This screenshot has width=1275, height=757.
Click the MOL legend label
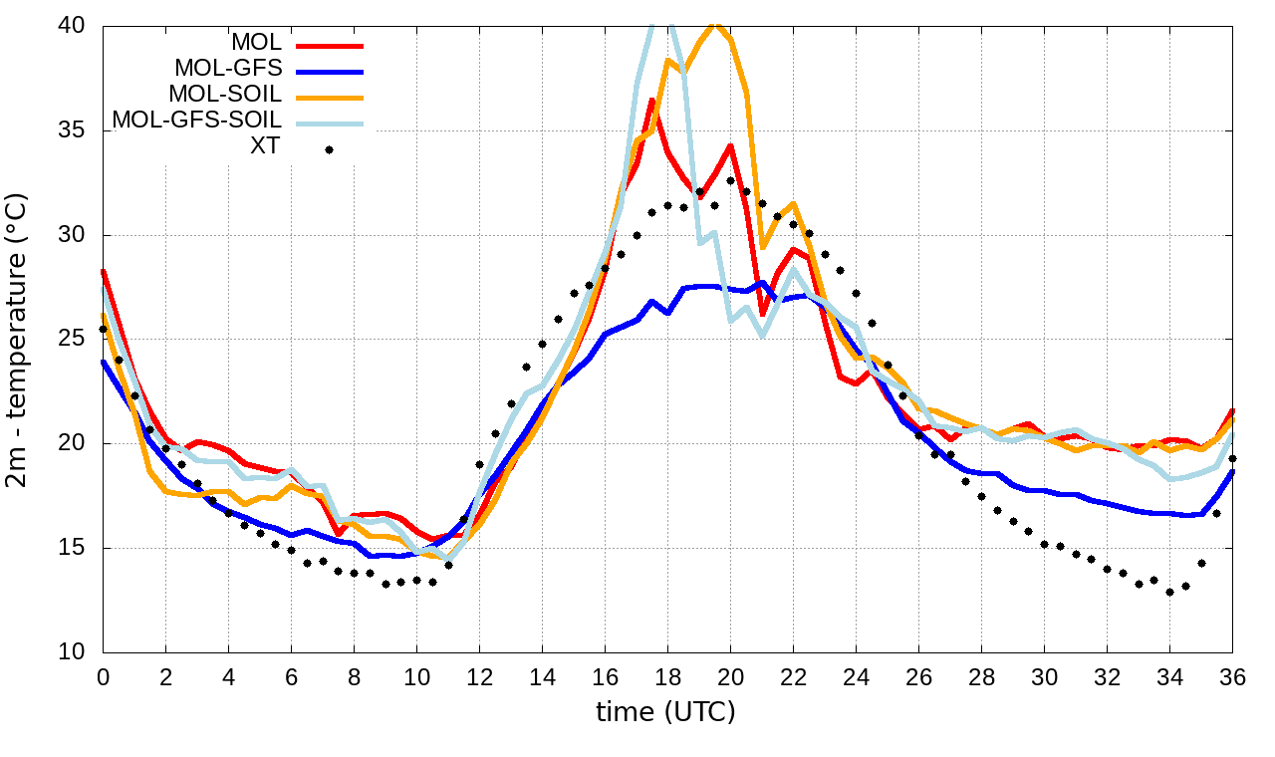click(257, 43)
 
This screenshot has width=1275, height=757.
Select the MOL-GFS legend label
click(228, 69)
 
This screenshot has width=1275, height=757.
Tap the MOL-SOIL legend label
click(225, 95)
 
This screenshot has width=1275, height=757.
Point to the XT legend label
click(265, 147)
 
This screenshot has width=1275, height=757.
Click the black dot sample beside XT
click(329, 150)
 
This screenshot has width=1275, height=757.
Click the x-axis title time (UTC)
click(665, 711)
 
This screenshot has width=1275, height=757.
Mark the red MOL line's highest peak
click(651, 100)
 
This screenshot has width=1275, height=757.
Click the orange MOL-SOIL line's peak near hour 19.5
click(713, 24)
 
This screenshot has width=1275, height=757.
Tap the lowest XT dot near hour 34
click(1169, 592)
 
